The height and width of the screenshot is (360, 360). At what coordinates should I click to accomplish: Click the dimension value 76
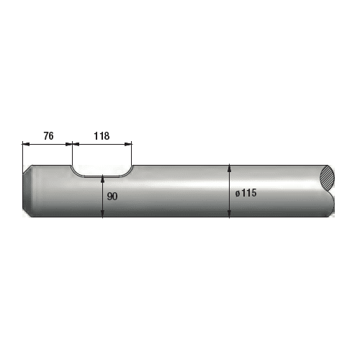click(x=48, y=136)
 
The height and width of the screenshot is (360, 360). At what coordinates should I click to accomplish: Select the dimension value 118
click(x=102, y=136)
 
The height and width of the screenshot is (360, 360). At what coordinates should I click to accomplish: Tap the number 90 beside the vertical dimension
click(x=112, y=197)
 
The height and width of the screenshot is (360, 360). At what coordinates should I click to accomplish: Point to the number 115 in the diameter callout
click(x=249, y=193)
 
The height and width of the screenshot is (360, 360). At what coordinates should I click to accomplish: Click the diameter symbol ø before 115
click(x=238, y=194)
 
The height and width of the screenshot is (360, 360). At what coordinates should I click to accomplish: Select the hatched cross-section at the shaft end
click(x=327, y=179)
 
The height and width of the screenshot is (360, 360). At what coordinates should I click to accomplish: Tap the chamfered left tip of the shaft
click(x=27, y=191)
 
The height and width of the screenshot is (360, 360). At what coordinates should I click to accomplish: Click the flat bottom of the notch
click(x=102, y=176)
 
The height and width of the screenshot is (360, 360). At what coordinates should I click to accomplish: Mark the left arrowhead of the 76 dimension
click(x=26, y=144)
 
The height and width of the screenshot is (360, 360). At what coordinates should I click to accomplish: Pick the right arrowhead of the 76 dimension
click(x=68, y=144)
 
